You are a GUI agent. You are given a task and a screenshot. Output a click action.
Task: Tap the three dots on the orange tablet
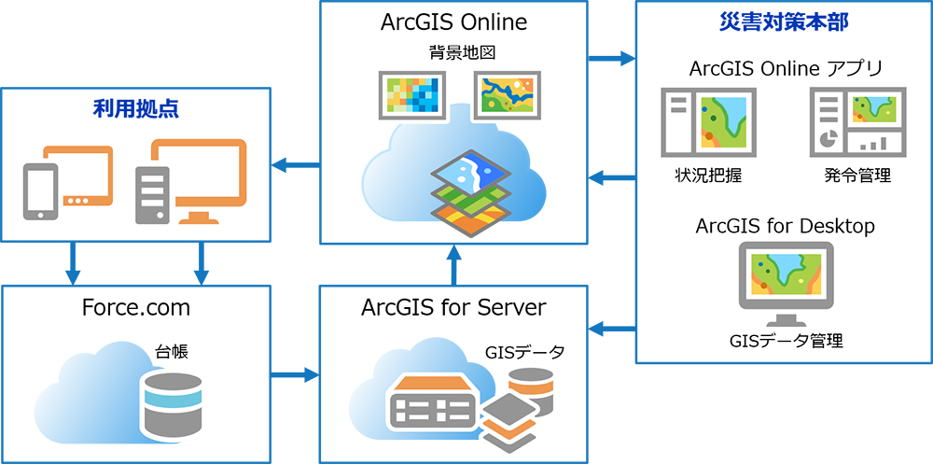click(x=77, y=201)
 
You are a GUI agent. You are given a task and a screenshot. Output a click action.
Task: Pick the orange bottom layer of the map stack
click(x=471, y=220)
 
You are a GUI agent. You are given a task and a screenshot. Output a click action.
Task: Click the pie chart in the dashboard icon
click(x=827, y=141)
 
